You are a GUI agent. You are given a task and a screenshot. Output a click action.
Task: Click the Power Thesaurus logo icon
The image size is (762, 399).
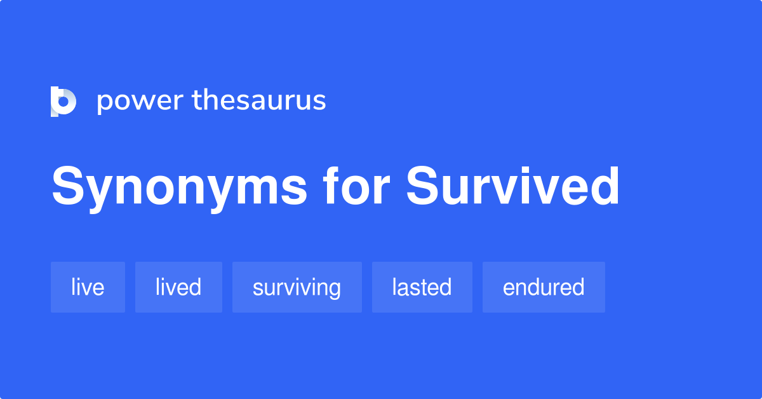63,102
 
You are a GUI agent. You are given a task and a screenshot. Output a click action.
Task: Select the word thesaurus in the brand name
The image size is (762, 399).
259,100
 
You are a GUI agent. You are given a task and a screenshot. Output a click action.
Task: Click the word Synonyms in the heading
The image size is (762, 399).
180,187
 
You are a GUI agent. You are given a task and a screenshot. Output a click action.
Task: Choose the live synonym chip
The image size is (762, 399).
88,287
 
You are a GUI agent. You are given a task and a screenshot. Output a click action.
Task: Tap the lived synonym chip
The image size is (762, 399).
178,287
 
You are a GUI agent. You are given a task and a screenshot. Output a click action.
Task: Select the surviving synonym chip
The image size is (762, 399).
297,287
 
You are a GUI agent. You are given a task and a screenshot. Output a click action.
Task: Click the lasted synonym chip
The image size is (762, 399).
422,287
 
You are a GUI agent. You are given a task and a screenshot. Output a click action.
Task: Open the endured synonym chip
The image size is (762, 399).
544,287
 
